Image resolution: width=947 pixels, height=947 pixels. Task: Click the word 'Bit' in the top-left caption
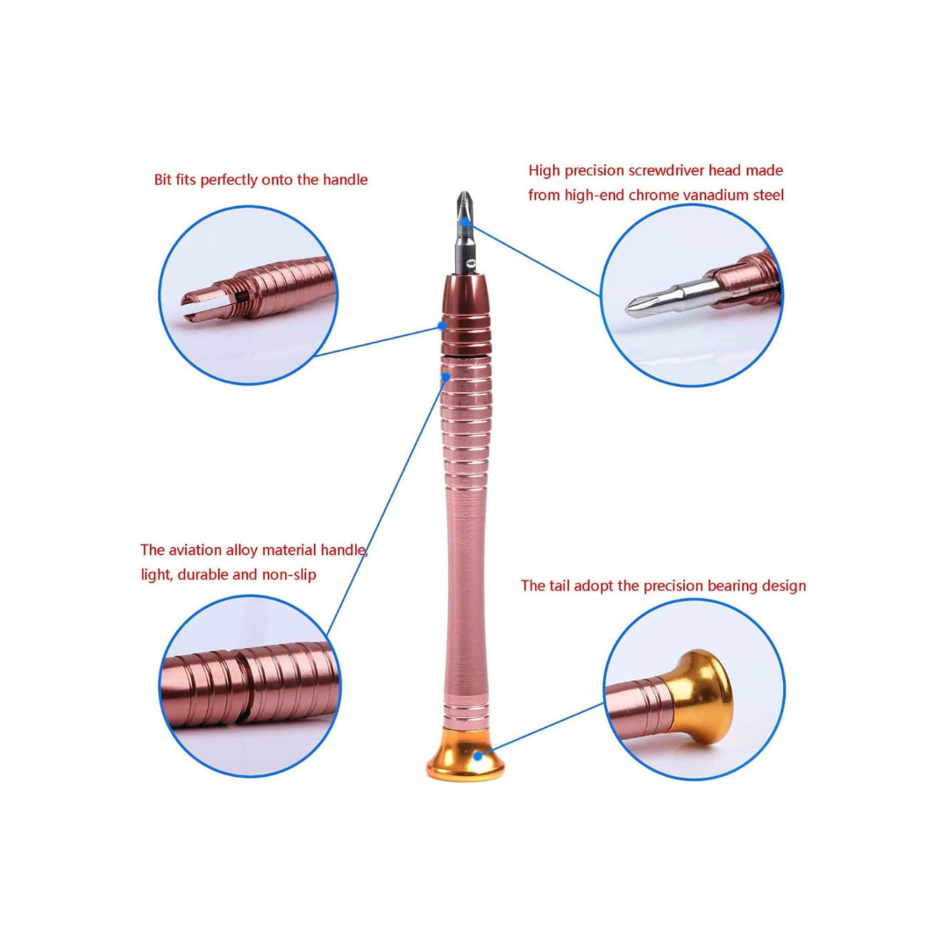pos(164,180)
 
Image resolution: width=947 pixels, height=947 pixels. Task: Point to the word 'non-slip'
pos(288,575)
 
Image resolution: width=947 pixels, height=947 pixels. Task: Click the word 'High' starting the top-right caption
pos(545,170)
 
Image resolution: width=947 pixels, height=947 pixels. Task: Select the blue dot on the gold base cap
pos(479,754)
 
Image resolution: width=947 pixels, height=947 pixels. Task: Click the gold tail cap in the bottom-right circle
pos(701,693)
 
